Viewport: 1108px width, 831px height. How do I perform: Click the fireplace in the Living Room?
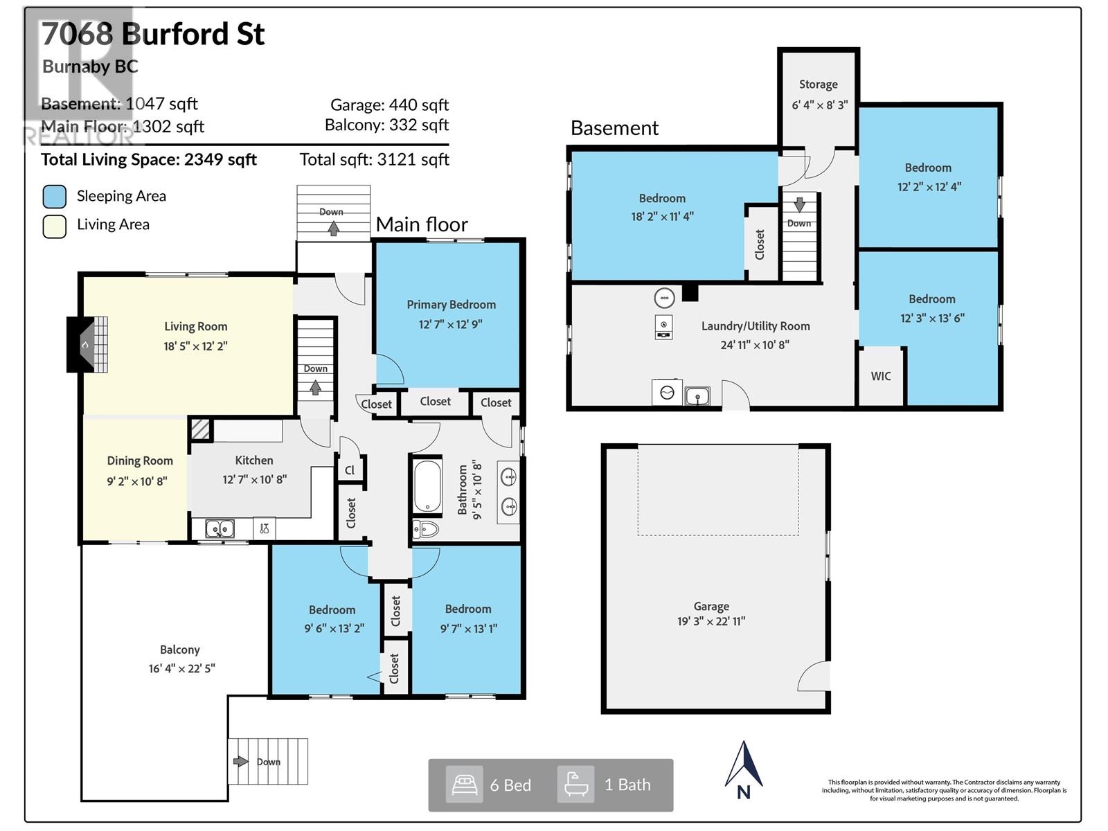click(x=87, y=345)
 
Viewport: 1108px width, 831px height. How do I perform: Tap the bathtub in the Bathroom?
click(x=427, y=485)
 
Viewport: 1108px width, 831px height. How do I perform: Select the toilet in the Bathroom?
click(x=425, y=529)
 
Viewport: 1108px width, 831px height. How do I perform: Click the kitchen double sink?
click(x=220, y=528)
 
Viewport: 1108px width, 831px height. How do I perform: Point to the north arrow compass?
click(x=744, y=771)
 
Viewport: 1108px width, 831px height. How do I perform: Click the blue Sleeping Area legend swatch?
click(x=55, y=196)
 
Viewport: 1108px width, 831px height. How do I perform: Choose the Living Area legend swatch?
click(x=55, y=226)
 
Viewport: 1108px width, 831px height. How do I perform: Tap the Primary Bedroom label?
click(x=452, y=305)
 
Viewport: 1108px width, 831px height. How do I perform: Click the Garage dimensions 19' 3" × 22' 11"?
click(x=711, y=621)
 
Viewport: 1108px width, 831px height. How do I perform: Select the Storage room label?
click(x=819, y=84)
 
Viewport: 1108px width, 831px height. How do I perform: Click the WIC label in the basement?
click(x=881, y=376)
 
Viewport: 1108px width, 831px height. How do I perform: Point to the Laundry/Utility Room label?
click(x=756, y=326)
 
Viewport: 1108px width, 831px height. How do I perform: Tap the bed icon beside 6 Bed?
click(x=465, y=785)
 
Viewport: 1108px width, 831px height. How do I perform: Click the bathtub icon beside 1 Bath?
click(x=575, y=785)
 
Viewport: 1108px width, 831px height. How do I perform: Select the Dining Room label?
click(x=140, y=461)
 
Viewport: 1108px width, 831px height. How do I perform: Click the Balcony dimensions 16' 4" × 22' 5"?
click(x=181, y=668)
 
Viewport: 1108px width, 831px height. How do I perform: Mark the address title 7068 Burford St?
click(x=153, y=34)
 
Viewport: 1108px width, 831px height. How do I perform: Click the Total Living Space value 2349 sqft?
click(x=220, y=159)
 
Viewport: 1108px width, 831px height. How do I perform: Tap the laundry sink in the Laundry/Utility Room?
click(x=697, y=396)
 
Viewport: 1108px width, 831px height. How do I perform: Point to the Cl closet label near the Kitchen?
click(x=350, y=470)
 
